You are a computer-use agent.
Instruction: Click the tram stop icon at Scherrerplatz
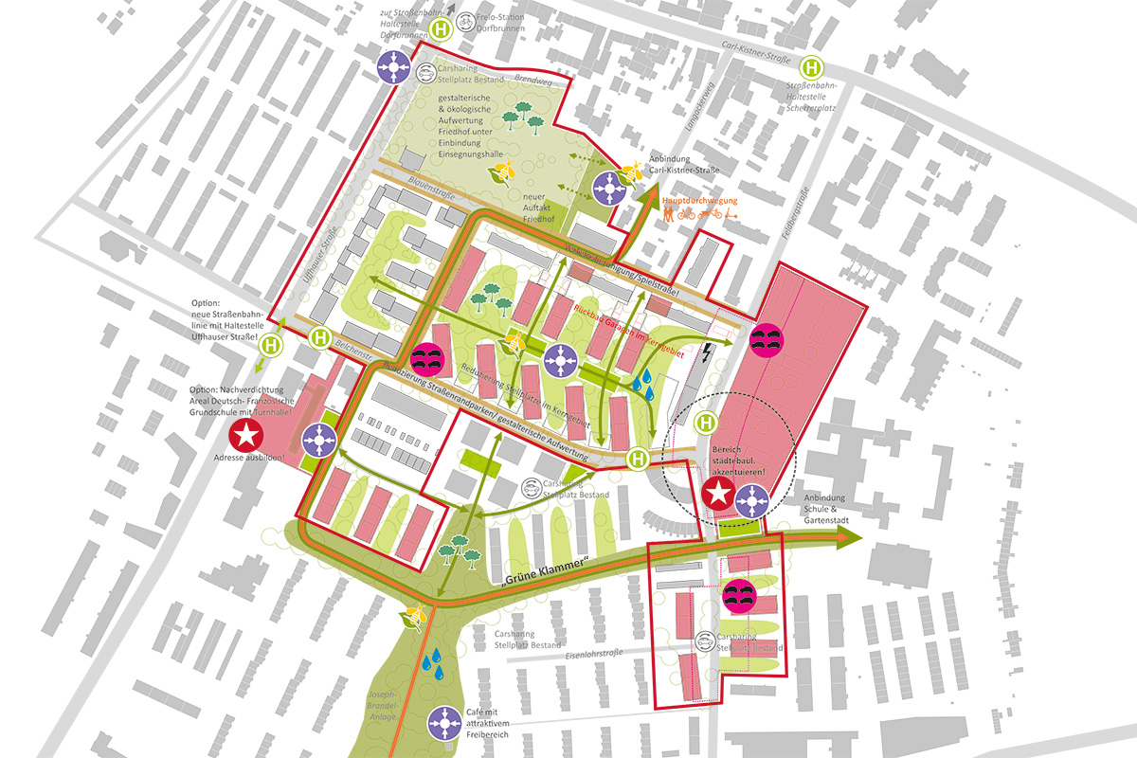click(812, 67)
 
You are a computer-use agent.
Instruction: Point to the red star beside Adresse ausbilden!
click(247, 437)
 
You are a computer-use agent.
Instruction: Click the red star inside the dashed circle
click(719, 495)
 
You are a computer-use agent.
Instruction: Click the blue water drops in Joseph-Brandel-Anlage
click(434, 663)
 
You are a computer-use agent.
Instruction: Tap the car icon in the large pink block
click(766, 338)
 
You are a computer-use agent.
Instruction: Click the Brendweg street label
click(506, 81)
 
